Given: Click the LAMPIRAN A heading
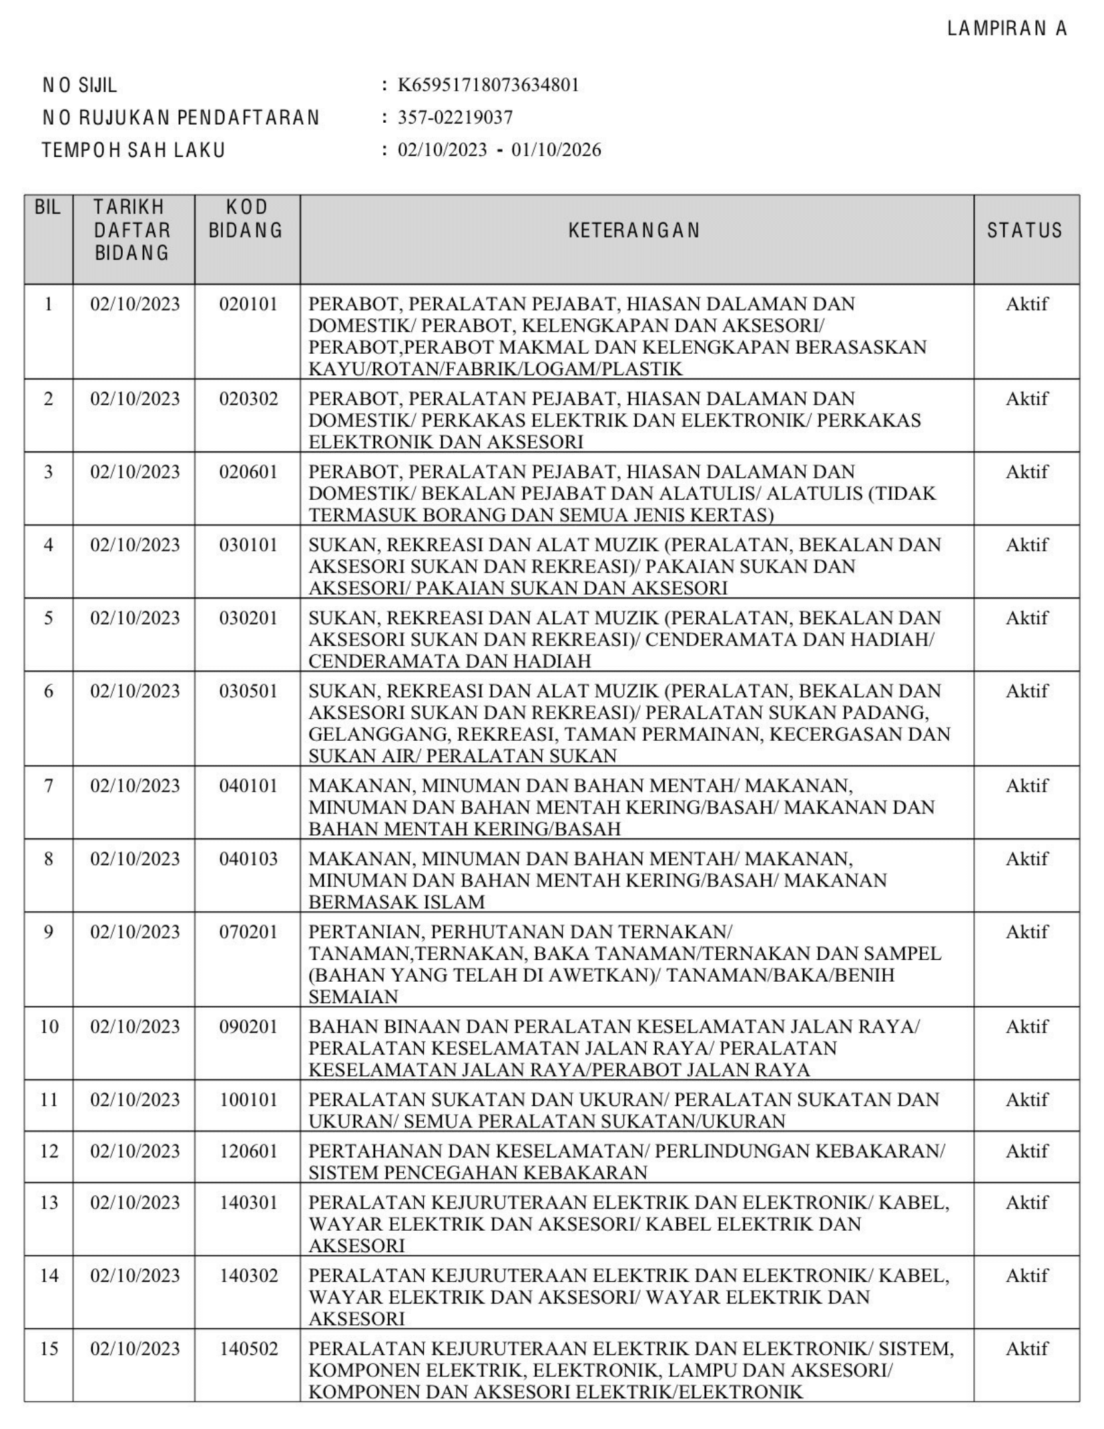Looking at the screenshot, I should click(x=1007, y=29).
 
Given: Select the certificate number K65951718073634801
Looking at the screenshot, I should click(x=488, y=85).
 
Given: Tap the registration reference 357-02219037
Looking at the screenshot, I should click(x=455, y=117).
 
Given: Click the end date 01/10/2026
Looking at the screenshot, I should click(x=556, y=150).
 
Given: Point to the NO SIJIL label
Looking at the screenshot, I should click(x=79, y=85).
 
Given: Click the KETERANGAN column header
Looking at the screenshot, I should click(x=634, y=230).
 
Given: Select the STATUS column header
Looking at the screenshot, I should click(x=1025, y=230).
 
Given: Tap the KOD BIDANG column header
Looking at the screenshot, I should click(x=246, y=219).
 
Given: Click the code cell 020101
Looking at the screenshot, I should click(x=248, y=304).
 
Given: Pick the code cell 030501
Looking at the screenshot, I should click(x=248, y=691).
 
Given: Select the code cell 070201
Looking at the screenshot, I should click(x=248, y=932).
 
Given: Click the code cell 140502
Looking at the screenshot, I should click(x=248, y=1349).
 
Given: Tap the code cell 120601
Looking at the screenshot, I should click(x=248, y=1151).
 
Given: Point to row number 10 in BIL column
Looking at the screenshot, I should click(x=49, y=1027).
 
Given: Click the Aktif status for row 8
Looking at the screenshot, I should click(x=1027, y=859).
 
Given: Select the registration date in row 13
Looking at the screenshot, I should click(x=135, y=1202).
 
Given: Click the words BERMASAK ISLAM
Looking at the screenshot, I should click(x=396, y=902).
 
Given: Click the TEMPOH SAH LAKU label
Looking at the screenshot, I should click(x=133, y=150).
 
